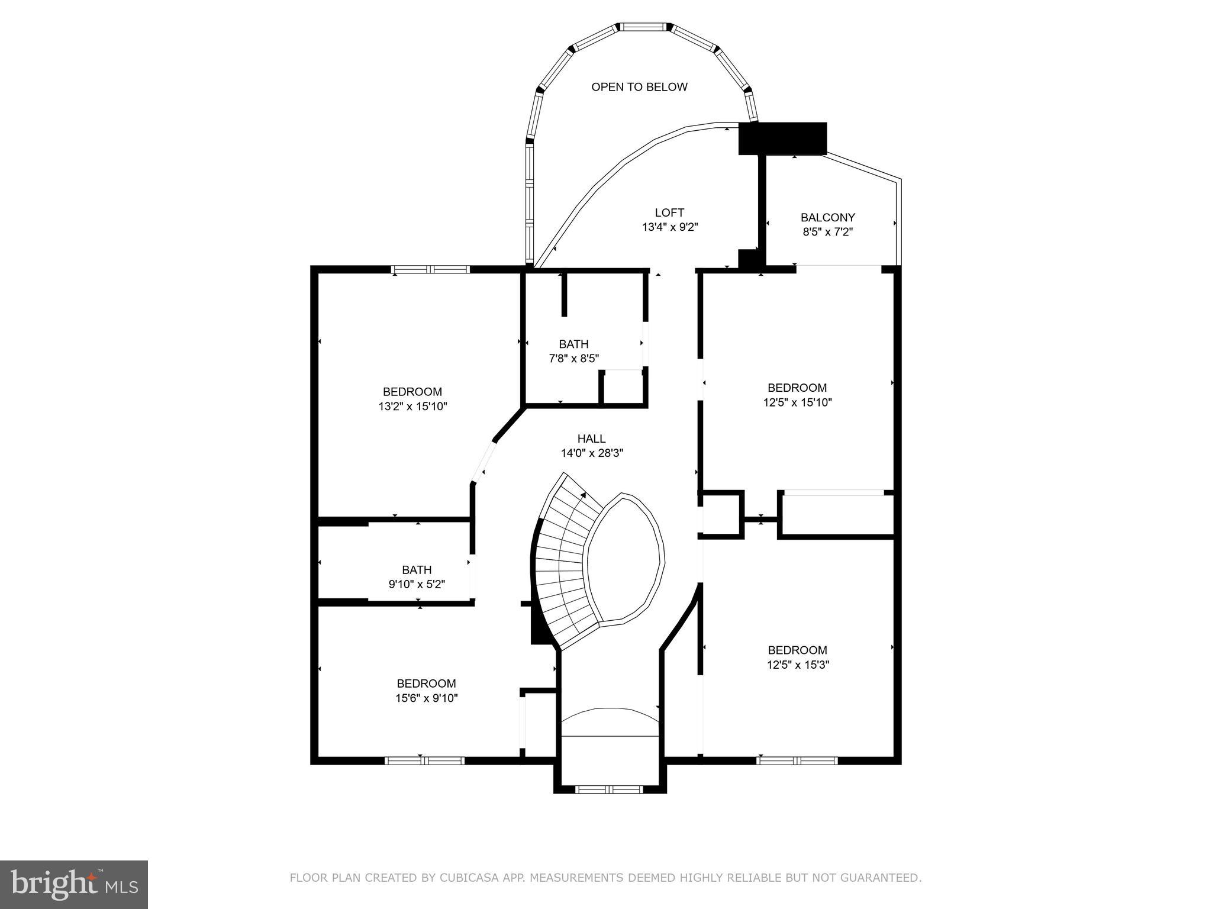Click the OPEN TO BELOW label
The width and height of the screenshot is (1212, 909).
click(639, 87)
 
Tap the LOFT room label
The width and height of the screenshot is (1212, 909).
click(669, 212)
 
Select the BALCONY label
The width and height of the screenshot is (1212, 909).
click(827, 217)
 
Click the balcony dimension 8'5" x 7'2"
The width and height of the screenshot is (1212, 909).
click(827, 233)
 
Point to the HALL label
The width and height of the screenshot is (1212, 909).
click(591, 439)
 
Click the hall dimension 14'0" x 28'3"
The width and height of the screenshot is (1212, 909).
click(592, 453)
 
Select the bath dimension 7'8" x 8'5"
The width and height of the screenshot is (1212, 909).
click(573, 359)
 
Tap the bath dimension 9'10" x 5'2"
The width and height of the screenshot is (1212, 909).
click(417, 585)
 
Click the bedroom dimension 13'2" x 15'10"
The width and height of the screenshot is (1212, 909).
click(412, 407)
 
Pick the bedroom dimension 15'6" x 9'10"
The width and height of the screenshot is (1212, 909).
click(426, 698)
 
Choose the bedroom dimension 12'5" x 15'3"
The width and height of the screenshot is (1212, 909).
click(798, 665)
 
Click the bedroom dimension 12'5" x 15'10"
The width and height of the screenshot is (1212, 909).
click(797, 402)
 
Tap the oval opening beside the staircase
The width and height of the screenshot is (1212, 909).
click(625, 559)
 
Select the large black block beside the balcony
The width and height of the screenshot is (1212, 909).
click(782, 138)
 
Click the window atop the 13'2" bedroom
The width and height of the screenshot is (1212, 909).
click(431, 269)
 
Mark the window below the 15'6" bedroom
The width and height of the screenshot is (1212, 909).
click(424, 760)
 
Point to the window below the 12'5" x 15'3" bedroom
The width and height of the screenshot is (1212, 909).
click(797, 760)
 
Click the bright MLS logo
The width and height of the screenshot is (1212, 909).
click(74, 884)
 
